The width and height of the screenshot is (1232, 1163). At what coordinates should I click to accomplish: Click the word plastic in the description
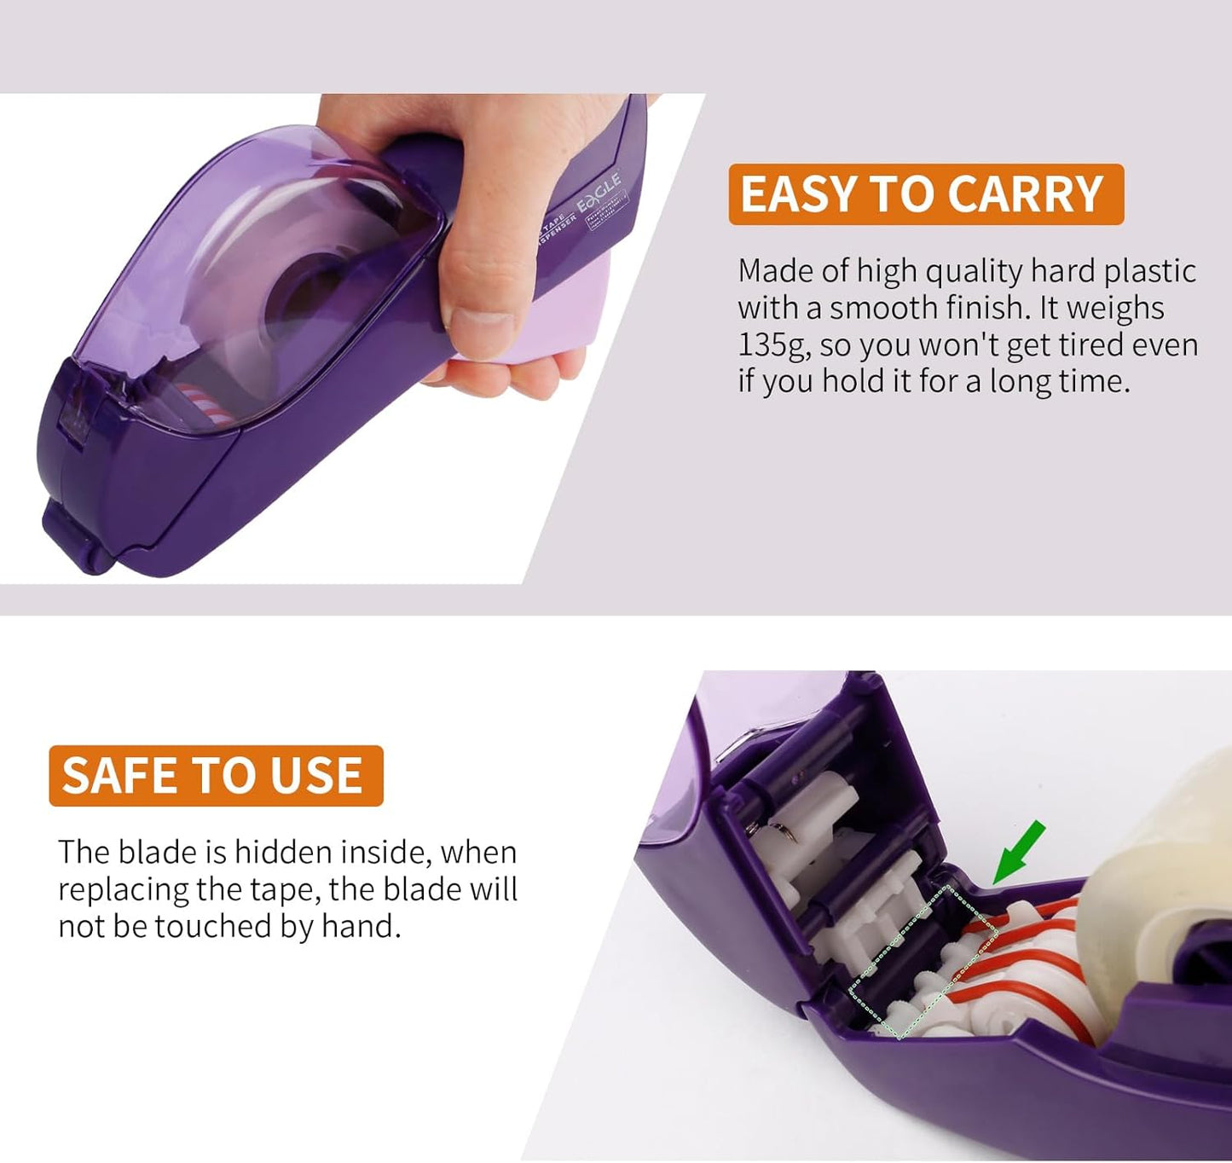point(1150,271)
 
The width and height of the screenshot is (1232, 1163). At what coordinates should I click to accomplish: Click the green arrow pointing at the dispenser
point(1018,853)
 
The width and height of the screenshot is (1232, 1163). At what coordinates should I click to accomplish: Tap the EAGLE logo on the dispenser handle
point(599,194)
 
